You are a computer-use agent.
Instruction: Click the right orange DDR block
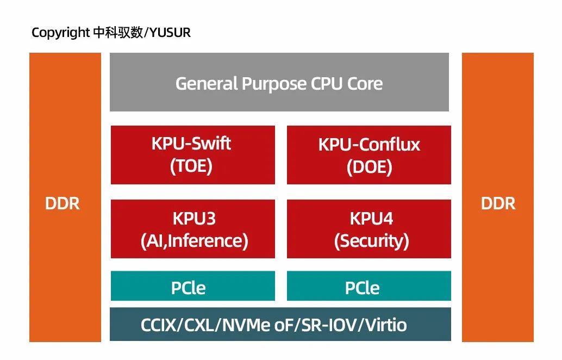coord(497,197)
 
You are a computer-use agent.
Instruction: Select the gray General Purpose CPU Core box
coord(279,83)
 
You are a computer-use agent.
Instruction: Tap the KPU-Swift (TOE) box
coord(192,155)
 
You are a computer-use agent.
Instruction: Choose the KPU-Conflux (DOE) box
coord(369,155)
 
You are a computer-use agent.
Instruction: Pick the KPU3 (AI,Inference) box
coord(192,229)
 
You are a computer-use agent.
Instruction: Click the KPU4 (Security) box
coord(369,229)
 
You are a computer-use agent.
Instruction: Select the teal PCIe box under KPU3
coord(192,286)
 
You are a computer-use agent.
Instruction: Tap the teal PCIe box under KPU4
coord(369,286)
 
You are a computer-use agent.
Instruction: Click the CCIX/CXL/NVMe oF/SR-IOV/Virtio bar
coord(280,325)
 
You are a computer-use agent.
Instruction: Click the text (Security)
coord(371,240)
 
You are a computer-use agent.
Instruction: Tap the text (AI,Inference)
coord(194,240)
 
